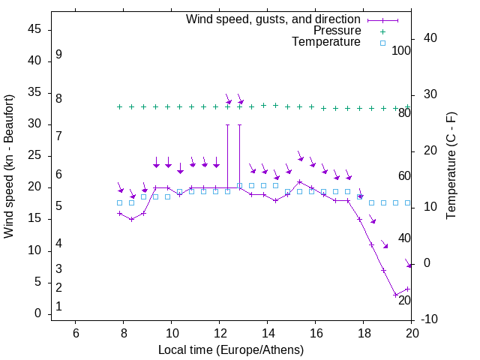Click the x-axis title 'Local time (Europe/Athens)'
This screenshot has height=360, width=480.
point(231,349)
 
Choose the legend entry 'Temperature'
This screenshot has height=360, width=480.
point(326,42)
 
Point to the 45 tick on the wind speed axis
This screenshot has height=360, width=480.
point(34,30)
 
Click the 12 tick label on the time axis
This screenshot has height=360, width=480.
point(220,333)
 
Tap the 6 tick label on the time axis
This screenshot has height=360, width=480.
point(76,333)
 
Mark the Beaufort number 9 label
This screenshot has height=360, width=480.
point(58,55)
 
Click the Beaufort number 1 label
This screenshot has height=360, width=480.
point(58,307)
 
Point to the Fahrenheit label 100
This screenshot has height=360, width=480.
point(401,50)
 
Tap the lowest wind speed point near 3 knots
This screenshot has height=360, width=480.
point(395,295)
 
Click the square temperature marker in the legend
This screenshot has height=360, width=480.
point(382,43)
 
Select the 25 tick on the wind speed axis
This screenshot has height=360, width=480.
point(34,156)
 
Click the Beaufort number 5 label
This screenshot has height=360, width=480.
point(58,206)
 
